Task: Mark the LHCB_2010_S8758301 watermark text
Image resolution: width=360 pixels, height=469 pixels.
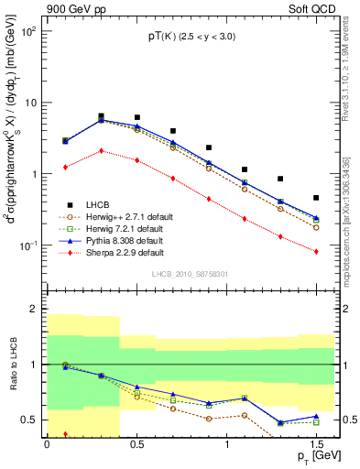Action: (190, 274)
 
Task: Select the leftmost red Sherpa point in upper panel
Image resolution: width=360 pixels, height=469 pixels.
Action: (65, 167)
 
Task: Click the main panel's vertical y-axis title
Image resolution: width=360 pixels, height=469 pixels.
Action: (12, 151)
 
